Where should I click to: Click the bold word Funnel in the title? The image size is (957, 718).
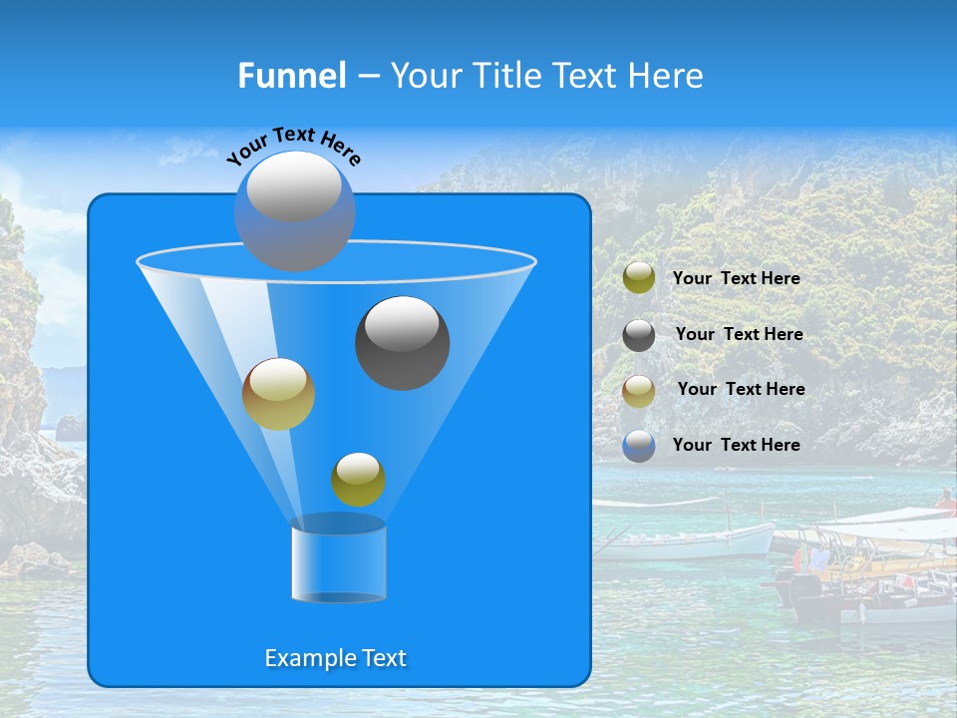(291, 75)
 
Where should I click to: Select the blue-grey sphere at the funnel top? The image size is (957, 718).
(294, 211)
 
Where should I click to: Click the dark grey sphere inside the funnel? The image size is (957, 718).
(402, 342)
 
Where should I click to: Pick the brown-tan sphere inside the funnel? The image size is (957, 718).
(278, 394)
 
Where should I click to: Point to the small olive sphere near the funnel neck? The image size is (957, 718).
(358, 480)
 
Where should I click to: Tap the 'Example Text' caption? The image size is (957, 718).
(335, 658)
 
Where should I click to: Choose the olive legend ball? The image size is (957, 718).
(639, 278)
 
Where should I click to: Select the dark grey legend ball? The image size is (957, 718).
(639, 335)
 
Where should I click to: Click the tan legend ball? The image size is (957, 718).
(639, 390)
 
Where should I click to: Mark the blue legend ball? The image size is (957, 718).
(639, 446)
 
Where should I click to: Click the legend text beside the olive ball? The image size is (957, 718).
(736, 278)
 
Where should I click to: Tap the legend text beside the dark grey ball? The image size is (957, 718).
(739, 334)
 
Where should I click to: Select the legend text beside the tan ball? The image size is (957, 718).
(741, 389)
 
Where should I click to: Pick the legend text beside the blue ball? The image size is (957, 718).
(736, 445)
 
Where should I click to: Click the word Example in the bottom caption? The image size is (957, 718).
(310, 658)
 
